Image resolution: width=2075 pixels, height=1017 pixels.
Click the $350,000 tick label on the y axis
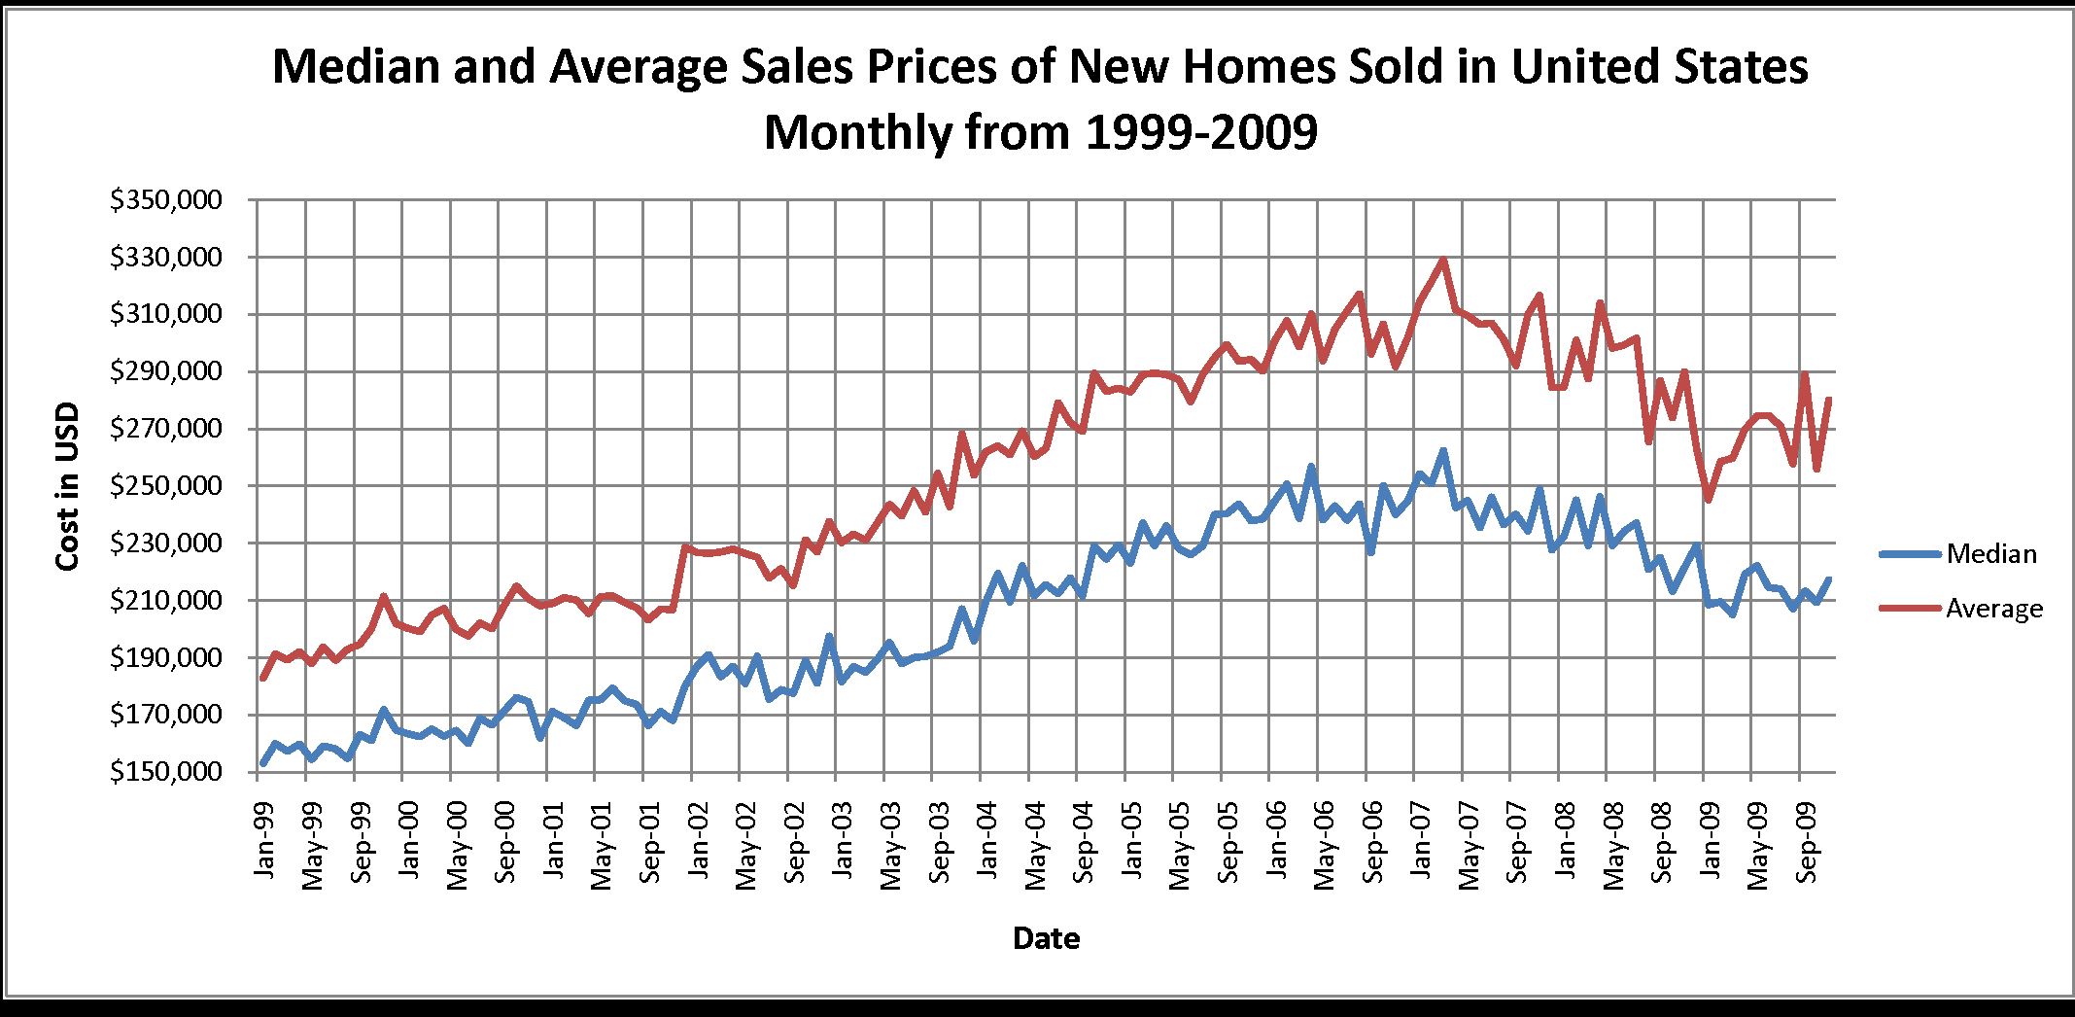click(166, 200)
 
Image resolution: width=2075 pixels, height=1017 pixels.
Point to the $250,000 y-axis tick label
click(166, 486)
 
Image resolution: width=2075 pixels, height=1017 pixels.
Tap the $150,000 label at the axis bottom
click(166, 772)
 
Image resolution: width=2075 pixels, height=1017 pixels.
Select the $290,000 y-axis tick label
click(166, 371)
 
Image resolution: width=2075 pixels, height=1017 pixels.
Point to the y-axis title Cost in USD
click(67, 487)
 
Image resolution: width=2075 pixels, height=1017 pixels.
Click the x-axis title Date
click(1046, 938)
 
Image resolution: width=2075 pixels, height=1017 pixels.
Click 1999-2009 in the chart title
click(1199, 132)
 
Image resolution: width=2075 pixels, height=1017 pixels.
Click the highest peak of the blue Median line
click(1443, 451)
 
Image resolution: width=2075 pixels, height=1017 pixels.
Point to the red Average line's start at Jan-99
click(262, 679)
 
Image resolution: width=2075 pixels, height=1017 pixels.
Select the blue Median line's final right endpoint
click(1829, 579)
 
